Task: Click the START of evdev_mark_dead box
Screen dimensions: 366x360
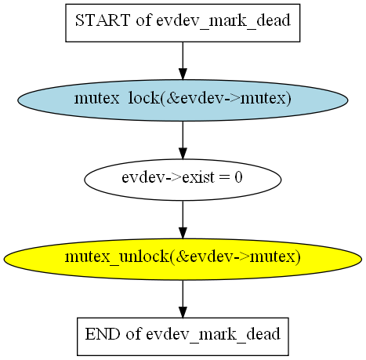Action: coord(183,23)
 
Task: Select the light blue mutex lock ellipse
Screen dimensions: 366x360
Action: coord(183,100)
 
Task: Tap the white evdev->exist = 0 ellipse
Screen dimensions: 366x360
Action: coord(183,180)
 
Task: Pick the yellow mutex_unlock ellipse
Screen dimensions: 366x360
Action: coord(183,259)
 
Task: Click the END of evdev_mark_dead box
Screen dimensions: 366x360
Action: coord(183,336)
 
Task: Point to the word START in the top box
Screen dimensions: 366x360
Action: coord(103,20)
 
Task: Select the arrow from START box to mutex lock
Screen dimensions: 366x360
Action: coord(183,60)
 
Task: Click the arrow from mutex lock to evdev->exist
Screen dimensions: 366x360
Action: coord(183,140)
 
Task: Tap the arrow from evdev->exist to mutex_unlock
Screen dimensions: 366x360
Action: coord(183,220)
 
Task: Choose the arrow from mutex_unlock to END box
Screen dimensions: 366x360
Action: coord(183,299)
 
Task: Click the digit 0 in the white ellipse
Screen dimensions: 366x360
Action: coord(238,177)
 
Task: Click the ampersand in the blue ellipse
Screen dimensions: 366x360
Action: coord(173,99)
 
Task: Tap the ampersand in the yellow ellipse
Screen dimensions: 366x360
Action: coord(183,256)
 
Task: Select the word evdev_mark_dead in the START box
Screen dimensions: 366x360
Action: coord(223,21)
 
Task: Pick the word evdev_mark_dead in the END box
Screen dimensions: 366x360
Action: coord(213,335)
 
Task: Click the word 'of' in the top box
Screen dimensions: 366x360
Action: coord(143,20)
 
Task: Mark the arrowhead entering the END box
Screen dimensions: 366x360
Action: coord(183,312)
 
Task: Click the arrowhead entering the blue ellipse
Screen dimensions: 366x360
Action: coord(183,74)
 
